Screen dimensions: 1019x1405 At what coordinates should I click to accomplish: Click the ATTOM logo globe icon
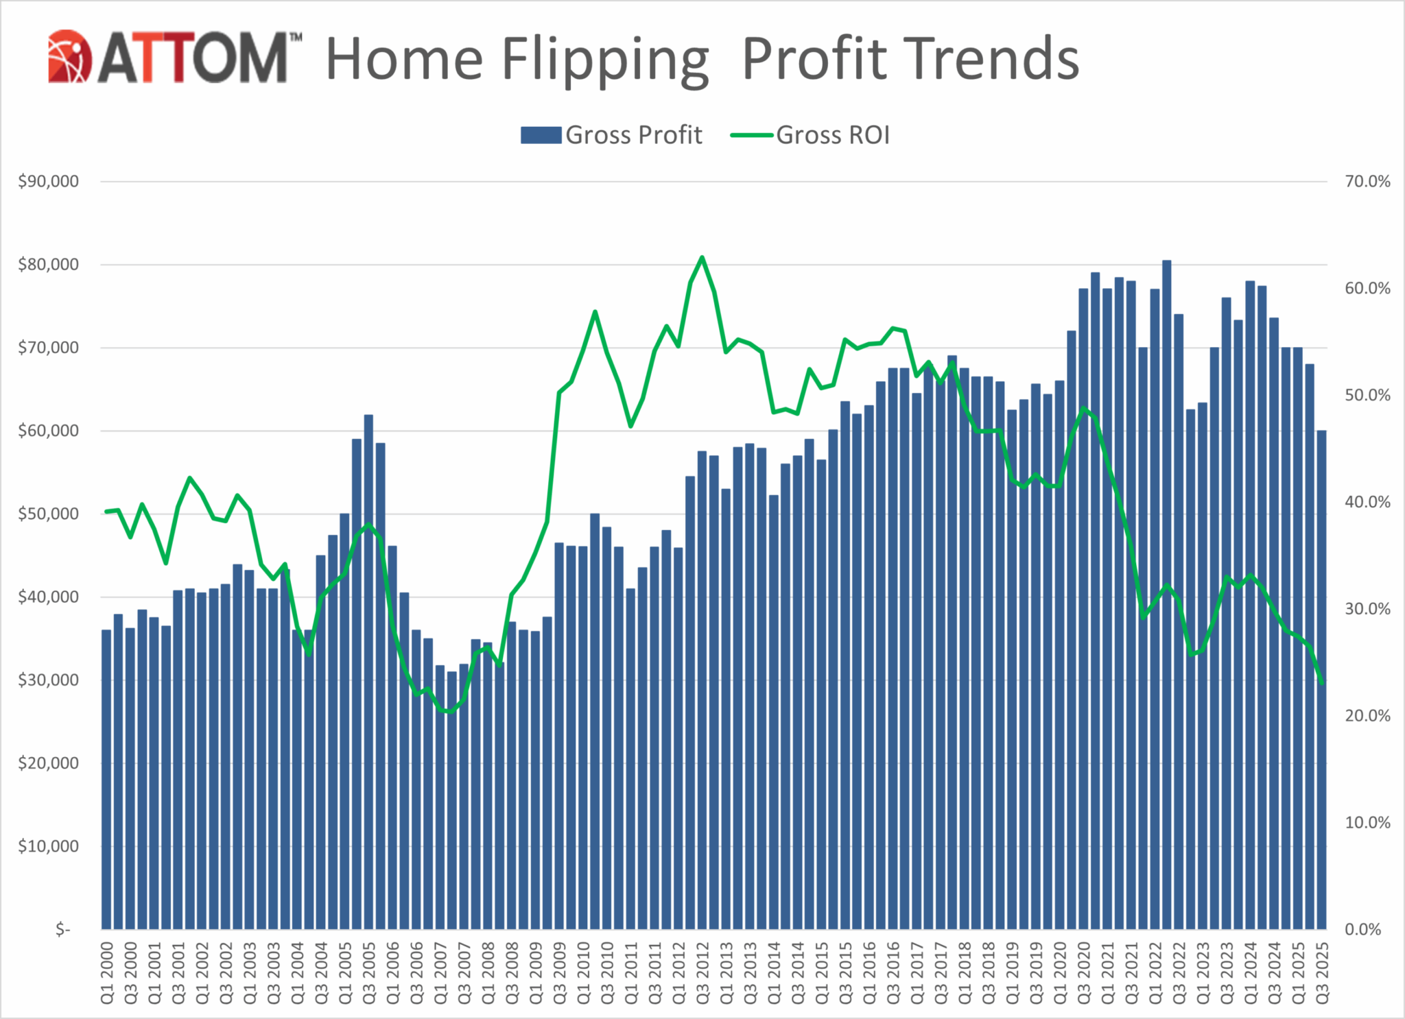point(69,56)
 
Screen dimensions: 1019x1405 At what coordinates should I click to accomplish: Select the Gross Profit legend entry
point(611,135)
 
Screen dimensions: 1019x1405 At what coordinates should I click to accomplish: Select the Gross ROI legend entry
point(810,135)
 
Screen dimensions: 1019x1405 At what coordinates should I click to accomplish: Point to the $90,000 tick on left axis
point(48,182)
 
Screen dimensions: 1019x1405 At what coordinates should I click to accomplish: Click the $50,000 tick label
point(48,514)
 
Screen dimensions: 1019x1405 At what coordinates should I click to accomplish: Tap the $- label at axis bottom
point(62,929)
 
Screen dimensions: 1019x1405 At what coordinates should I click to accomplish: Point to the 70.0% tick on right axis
point(1367,182)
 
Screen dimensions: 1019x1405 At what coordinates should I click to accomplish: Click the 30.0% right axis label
point(1367,609)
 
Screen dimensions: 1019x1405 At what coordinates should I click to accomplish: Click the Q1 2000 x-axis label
point(107,973)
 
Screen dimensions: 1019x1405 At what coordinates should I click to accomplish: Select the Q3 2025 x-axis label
point(1321,973)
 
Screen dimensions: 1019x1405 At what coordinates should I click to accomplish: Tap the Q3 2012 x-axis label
point(702,973)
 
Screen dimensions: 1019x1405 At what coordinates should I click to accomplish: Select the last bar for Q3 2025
point(1321,679)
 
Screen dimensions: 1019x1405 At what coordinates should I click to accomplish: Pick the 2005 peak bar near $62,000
point(368,672)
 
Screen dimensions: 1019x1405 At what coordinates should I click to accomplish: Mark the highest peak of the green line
point(702,258)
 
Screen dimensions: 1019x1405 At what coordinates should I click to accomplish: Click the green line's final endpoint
point(1321,682)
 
